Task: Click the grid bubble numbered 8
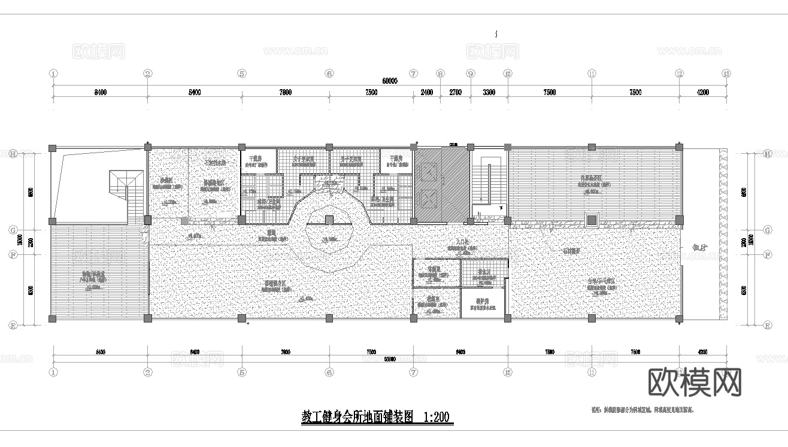pos(441,74)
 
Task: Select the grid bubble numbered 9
pos(471,74)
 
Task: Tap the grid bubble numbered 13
pos(726,74)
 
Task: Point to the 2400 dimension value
pos(426,92)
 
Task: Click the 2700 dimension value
pos(455,92)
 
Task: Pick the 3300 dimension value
pos(489,92)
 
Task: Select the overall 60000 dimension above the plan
pos(390,81)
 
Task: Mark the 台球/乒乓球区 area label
pos(601,281)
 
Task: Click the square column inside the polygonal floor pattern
pos(329,220)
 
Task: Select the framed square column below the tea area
pos(592,220)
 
